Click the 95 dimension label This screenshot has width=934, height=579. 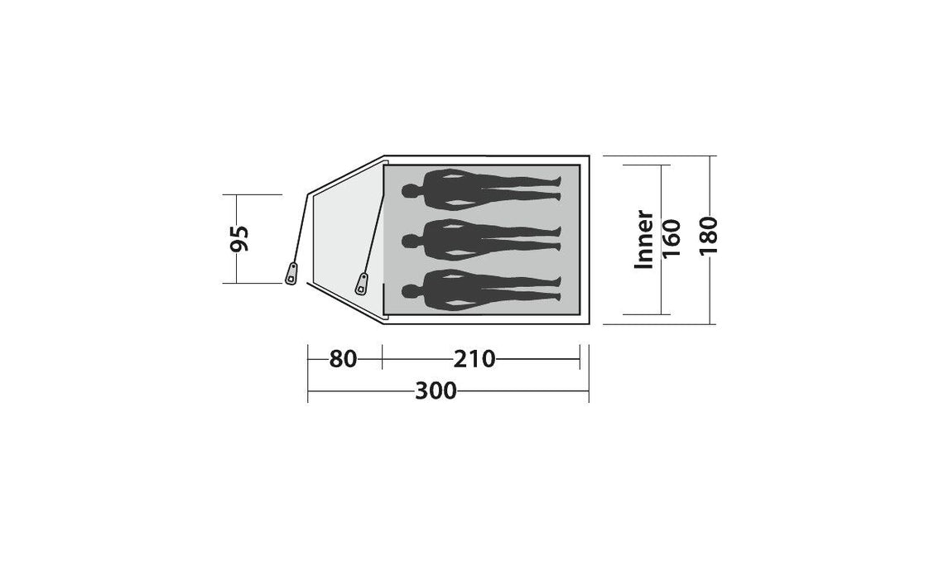(x=240, y=238)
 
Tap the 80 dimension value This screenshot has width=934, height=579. (x=343, y=359)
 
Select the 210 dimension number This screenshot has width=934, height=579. (x=474, y=359)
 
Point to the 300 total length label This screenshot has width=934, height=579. (x=436, y=391)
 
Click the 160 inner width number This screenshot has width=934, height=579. (x=672, y=238)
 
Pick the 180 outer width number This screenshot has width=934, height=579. (x=708, y=237)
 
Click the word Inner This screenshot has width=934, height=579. (x=644, y=238)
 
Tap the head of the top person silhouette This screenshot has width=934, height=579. (x=409, y=191)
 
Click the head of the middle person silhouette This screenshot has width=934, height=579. (x=409, y=241)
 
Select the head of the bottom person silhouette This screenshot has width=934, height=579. (x=409, y=291)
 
